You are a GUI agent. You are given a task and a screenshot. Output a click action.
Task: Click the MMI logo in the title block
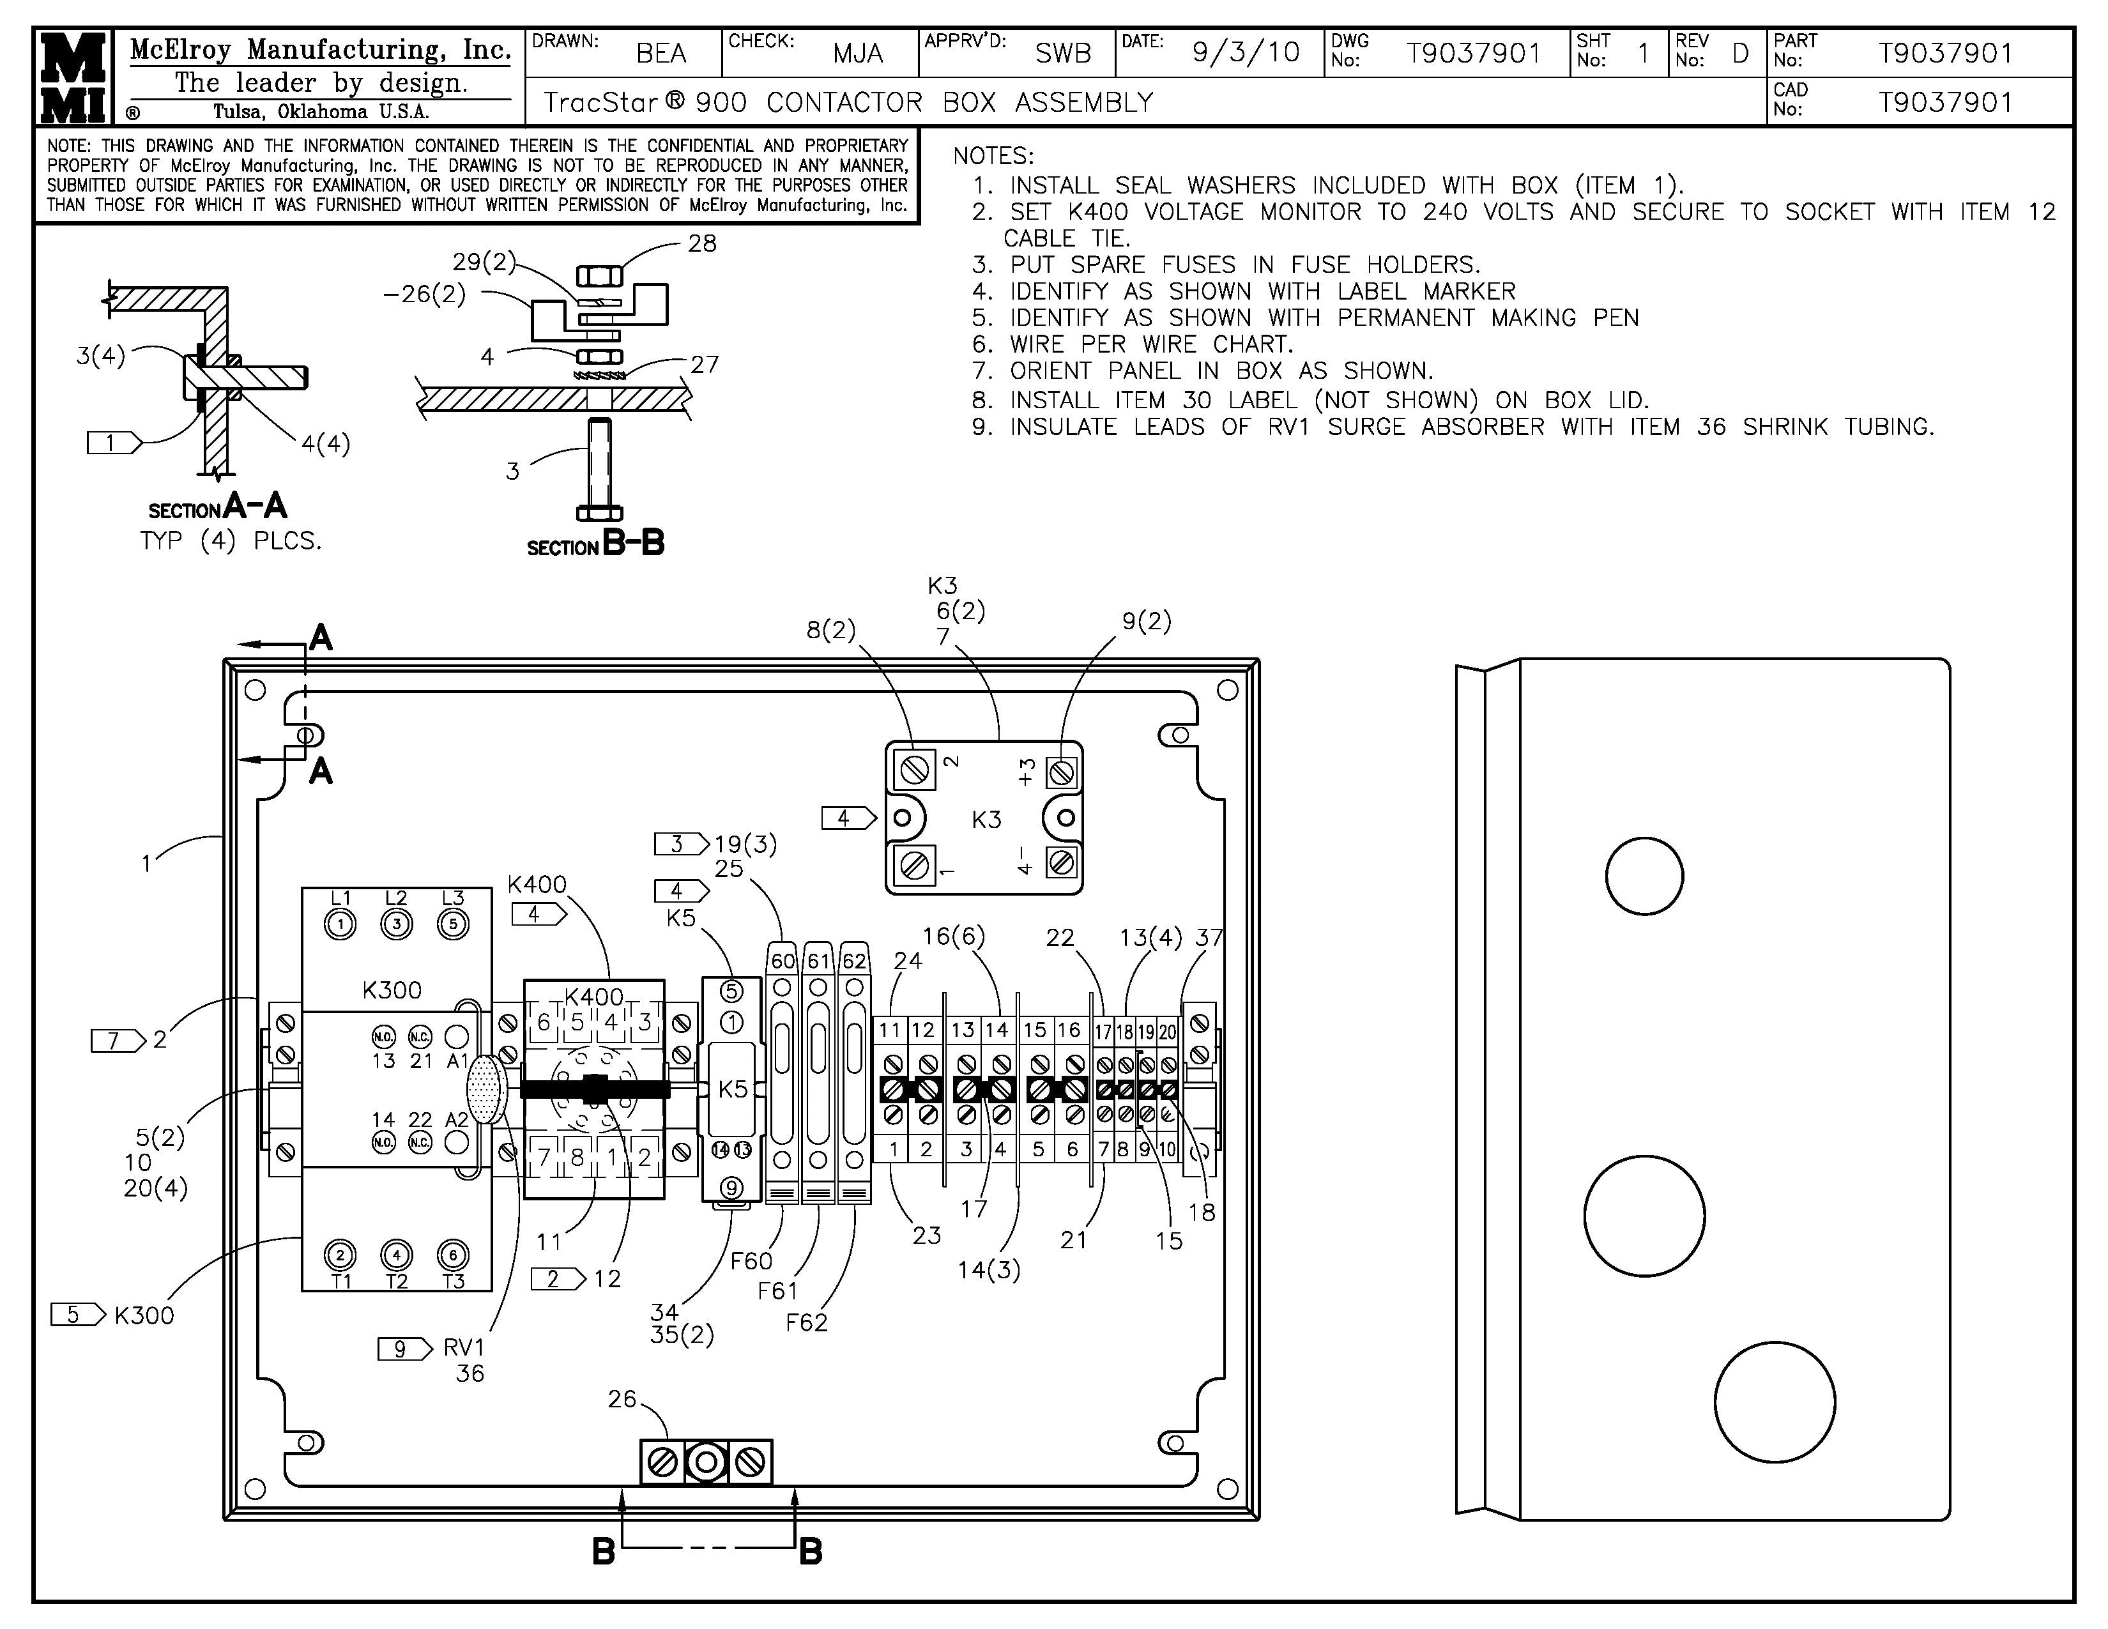[73, 78]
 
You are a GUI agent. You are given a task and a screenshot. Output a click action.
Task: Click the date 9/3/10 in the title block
[1245, 52]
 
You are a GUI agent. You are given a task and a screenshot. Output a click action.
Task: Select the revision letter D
[1740, 53]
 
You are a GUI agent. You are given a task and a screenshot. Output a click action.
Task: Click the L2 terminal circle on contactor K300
[397, 924]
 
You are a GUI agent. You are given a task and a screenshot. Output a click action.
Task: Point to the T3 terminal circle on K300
[453, 1255]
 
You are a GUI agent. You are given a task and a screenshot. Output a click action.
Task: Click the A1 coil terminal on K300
[457, 1037]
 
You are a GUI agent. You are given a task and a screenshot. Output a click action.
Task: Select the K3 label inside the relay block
[986, 820]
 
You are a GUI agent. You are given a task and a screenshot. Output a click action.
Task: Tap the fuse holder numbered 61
[818, 1071]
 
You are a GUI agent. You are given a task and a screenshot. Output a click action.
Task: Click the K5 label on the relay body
[733, 1089]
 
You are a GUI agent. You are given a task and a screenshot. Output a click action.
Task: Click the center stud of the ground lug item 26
[706, 1463]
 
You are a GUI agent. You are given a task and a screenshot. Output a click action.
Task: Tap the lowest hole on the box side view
[1774, 1401]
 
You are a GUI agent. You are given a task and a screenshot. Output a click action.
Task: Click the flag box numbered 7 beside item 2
[111, 1040]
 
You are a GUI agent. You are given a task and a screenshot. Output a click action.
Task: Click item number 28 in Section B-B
[701, 244]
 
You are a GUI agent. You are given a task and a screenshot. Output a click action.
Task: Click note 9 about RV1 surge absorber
[1453, 427]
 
